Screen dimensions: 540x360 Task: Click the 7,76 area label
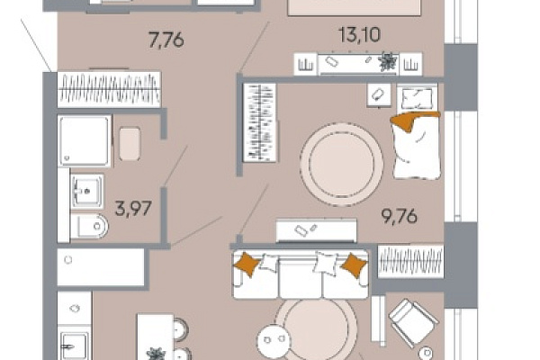(x=166, y=40)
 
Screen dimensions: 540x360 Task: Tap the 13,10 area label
(x=359, y=35)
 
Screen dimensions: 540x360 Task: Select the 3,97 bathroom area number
(x=133, y=209)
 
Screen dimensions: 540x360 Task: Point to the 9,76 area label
(x=399, y=216)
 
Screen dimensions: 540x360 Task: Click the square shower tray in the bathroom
(x=85, y=140)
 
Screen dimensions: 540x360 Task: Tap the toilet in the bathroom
(x=89, y=226)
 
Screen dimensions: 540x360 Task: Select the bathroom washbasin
(x=87, y=191)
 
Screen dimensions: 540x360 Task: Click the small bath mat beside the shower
(x=130, y=144)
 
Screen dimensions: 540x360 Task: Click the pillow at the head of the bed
(x=417, y=98)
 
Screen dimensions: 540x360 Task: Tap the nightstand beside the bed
(x=379, y=94)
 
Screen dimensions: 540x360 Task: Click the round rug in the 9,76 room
(x=341, y=165)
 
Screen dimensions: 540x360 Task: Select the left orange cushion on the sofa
(x=247, y=264)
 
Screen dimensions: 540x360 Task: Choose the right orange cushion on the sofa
(x=354, y=265)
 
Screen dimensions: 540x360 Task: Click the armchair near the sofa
(x=413, y=323)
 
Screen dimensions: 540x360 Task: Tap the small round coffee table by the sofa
(x=274, y=341)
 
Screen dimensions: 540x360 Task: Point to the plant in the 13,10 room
(x=388, y=62)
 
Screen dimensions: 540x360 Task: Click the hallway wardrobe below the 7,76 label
(x=109, y=89)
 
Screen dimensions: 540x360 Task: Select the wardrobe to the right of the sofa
(x=410, y=261)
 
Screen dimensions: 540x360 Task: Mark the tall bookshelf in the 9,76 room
(x=260, y=122)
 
